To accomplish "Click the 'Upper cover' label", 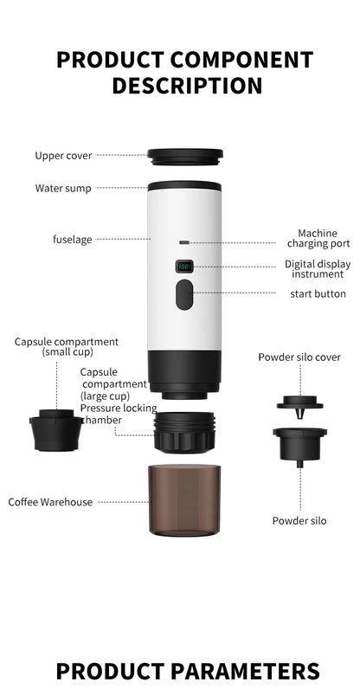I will (63, 156).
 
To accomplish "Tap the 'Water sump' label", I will (63, 188).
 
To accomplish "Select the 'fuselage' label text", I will (72, 239).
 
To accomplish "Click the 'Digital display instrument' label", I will (317, 269).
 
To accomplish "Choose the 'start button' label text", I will (318, 294).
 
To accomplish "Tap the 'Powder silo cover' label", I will (299, 357).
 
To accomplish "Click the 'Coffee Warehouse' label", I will (50, 502).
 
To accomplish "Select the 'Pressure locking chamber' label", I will (119, 414).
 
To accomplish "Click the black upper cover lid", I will (184, 158).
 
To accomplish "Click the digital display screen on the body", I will (184, 267).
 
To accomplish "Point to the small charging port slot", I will (184, 243).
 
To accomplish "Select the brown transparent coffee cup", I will (184, 499).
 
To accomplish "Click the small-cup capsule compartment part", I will (56, 430).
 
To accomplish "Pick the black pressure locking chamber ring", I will (184, 431).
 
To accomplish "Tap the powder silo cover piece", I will (299, 402).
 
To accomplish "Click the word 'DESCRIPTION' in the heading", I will (187, 86).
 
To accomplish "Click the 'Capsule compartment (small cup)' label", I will (66, 346).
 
